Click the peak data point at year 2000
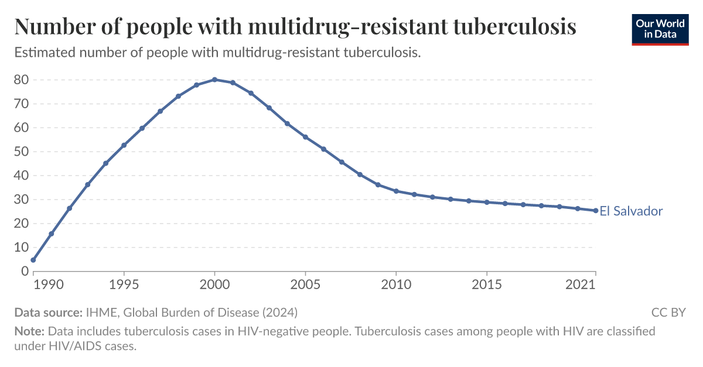click(214, 80)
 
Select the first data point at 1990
click(33, 260)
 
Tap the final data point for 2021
click(596, 211)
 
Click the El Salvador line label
click(631, 211)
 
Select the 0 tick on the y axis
click(25, 271)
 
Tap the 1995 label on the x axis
click(124, 284)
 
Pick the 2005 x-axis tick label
click(305, 284)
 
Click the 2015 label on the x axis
click(487, 284)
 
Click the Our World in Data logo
click(660, 30)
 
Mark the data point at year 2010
click(396, 191)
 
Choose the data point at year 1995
click(124, 145)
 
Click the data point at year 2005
click(305, 137)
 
